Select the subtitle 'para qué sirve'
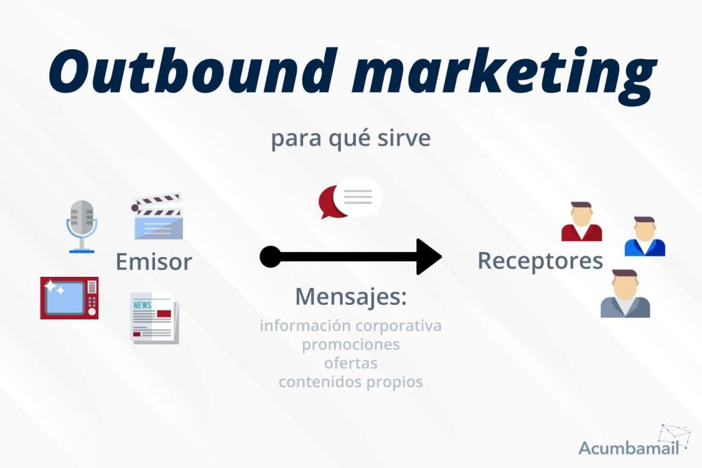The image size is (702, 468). (350, 138)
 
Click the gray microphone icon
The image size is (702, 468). (82, 225)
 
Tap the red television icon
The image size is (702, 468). (69, 298)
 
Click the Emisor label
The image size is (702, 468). (154, 261)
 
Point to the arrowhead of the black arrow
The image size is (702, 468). (428, 258)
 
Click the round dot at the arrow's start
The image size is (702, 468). (270, 258)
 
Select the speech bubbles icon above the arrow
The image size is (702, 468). (350, 198)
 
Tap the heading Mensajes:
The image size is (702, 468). (351, 297)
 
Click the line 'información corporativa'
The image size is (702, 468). (350, 325)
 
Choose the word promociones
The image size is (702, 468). (350, 344)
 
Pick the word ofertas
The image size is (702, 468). (350, 362)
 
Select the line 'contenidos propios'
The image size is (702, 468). (350, 382)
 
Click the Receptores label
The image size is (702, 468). (540, 261)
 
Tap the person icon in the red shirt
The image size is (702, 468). (581, 222)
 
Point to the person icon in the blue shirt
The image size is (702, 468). (644, 237)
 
